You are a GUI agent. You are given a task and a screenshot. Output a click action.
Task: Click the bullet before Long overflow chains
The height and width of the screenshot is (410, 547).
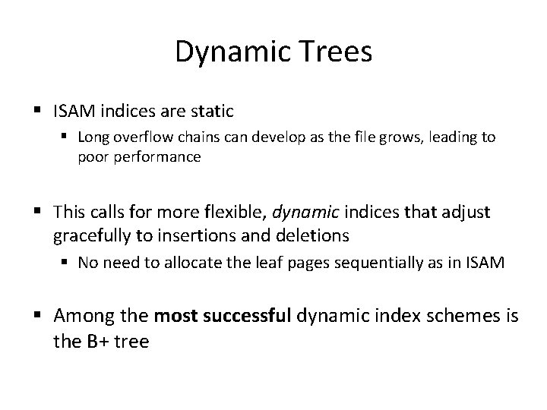pyautogui.click(x=65, y=137)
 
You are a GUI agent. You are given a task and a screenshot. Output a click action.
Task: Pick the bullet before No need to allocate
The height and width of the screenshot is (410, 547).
pyautogui.click(x=65, y=263)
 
